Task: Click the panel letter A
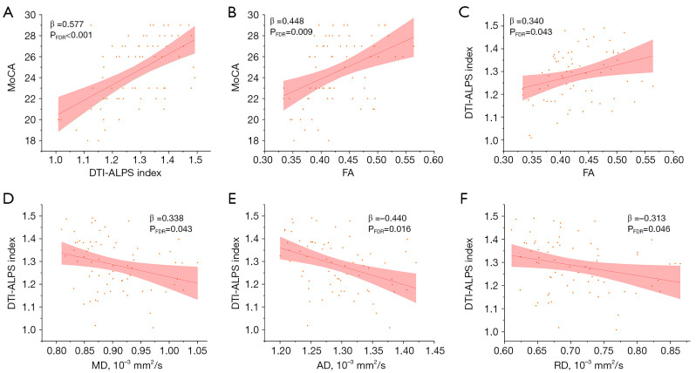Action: [8, 12]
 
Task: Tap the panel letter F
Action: [464, 199]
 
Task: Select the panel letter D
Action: [8, 199]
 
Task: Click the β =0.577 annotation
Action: [66, 24]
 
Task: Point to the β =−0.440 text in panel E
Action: [387, 218]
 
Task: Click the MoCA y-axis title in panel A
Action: [12, 78]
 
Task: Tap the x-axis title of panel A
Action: [126, 173]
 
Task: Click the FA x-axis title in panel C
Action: [589, 173]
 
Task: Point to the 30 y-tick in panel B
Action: [253, 15]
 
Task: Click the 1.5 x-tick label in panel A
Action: [195, 159]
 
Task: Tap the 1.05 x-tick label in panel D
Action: [197, 350]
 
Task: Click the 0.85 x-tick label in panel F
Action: [672, 350]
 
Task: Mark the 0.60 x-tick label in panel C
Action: [673, 159]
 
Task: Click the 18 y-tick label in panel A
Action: [31, 140]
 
